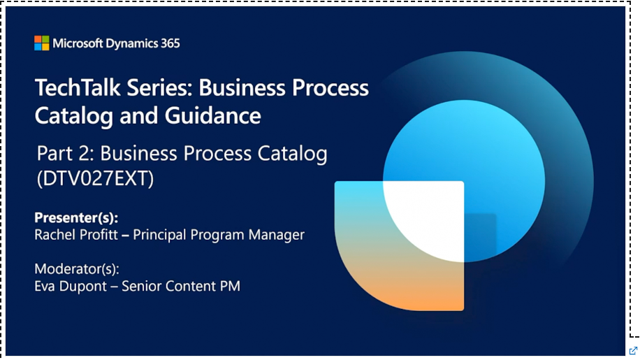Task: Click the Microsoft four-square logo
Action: (x=42, y=43)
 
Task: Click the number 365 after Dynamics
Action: (x=170, y=43)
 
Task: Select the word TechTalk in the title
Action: (x=78, y=88)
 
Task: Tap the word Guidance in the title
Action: (x=212, y=115)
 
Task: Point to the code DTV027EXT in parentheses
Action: (x=96, y=178)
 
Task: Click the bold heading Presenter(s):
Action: (x=76, y=218)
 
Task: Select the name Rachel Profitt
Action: (x=76, y=235)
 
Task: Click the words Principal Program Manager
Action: (x=219, y=235)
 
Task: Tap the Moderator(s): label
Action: (x=77, y=269)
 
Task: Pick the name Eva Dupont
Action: (x=71, y=286)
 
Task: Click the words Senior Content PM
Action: (x=181, y=286)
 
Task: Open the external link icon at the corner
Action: (x=633, y=351)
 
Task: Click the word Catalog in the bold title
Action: (x=74, y=116)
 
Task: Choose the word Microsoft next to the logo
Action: (x=78, y=43)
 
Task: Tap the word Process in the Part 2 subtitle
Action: (x=219, y=154)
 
